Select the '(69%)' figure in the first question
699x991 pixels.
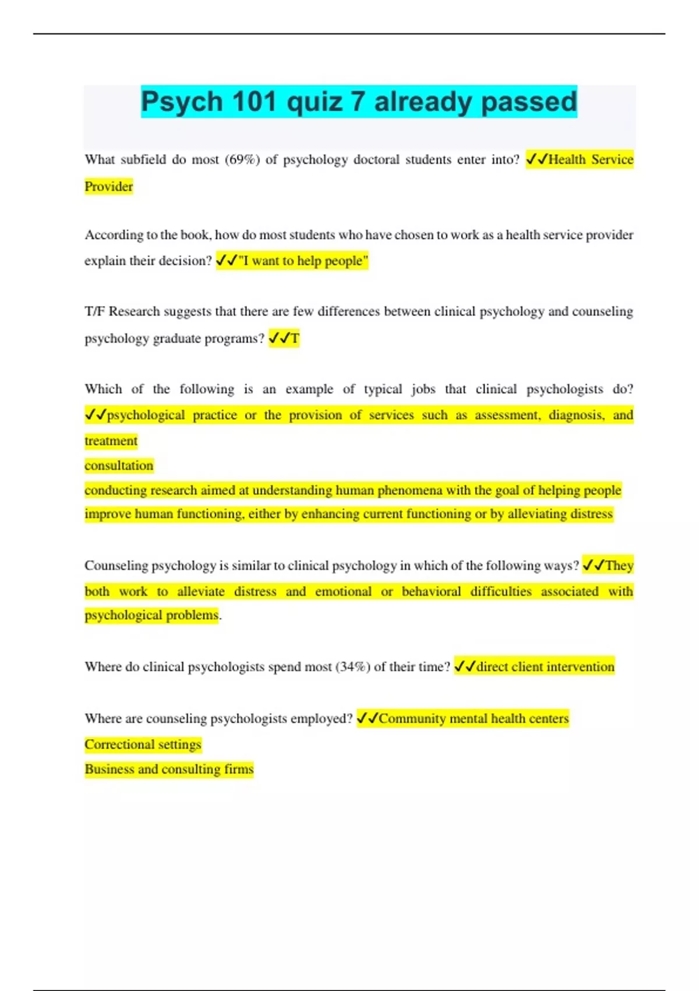242,160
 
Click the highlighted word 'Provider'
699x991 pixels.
109,187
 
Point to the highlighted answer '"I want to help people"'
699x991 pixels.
303,261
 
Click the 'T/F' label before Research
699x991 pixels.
95,311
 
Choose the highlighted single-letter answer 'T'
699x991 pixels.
295,338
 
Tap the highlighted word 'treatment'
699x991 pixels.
111,441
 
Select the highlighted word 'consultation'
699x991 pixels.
119,465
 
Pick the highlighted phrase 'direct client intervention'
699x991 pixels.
545,667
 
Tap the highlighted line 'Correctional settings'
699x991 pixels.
143,744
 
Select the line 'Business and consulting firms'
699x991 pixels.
169,769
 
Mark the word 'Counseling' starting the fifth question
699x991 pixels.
116,565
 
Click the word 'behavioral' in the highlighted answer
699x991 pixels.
431,592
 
